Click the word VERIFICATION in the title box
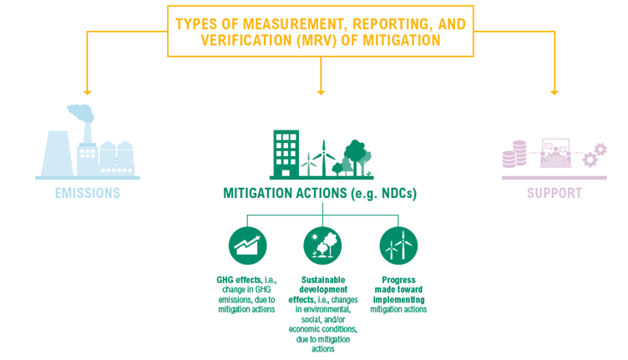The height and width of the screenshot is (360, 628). [246, 40]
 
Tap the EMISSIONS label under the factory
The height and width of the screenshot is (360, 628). [88, 193]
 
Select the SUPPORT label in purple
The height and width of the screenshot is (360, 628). [555, 193]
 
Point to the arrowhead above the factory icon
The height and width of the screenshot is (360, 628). [88, 93]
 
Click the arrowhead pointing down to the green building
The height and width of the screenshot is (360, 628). [321, 93]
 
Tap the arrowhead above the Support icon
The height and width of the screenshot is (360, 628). [555, 93]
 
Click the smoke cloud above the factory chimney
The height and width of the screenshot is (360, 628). [80, 113]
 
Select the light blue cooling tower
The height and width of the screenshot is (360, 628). [58, 154]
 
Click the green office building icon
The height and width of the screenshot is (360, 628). [286, 154]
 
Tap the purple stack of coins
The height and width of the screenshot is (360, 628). [514, 155]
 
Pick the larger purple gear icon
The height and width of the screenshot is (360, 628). [590, 160]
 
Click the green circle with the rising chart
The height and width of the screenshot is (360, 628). [247, 246]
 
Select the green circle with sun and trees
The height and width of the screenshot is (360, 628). [323, 246]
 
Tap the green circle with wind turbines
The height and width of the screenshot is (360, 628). [398, 246]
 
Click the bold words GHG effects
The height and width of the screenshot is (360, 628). [239, 280]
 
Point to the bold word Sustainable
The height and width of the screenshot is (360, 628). [323, 280]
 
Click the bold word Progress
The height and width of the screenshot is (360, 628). [398, 280]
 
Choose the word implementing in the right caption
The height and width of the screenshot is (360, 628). [399, 300]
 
